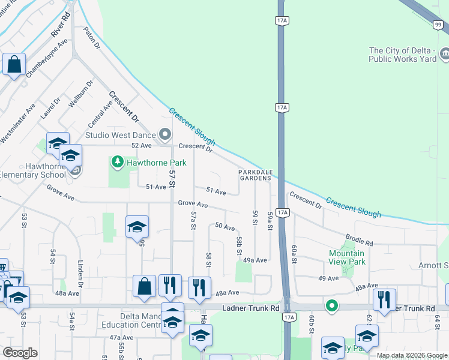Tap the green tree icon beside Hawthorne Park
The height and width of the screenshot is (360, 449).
click(x=117, y=162)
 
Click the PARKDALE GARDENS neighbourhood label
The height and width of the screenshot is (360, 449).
click(x=256, y=175)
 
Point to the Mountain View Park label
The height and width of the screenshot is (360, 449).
click(x=347, y=257)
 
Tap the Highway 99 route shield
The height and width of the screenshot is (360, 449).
click(x=438, y=25)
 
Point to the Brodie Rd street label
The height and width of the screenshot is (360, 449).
click(x=360, y=240)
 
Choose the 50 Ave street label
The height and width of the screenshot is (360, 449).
click(x=224, y=227)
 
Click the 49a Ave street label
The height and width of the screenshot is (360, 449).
click(x=255, y=260)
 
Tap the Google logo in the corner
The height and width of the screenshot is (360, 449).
click(x=20, y=353)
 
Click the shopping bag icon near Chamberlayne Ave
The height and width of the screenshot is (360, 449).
click(x=14, y=64)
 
